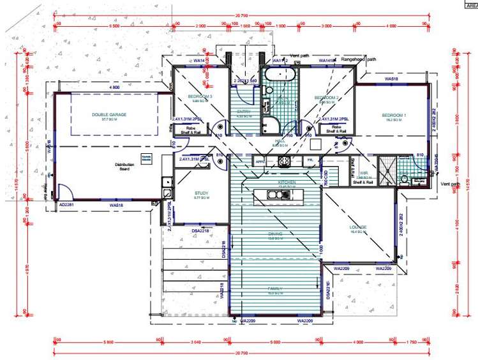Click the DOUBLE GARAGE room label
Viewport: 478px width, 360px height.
(109, 115)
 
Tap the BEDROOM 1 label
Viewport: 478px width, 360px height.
(394, 116)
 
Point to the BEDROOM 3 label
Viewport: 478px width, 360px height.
(200, 97)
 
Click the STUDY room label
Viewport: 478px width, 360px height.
(202, 193)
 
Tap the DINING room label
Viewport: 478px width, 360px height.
(276, 234)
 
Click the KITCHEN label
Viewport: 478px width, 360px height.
(287, 183)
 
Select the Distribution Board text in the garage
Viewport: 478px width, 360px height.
(124, 167)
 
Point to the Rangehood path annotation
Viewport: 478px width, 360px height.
(359, 59)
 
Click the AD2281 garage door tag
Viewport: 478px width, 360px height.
(66, 205)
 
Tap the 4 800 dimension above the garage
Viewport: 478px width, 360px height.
(115, 87)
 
